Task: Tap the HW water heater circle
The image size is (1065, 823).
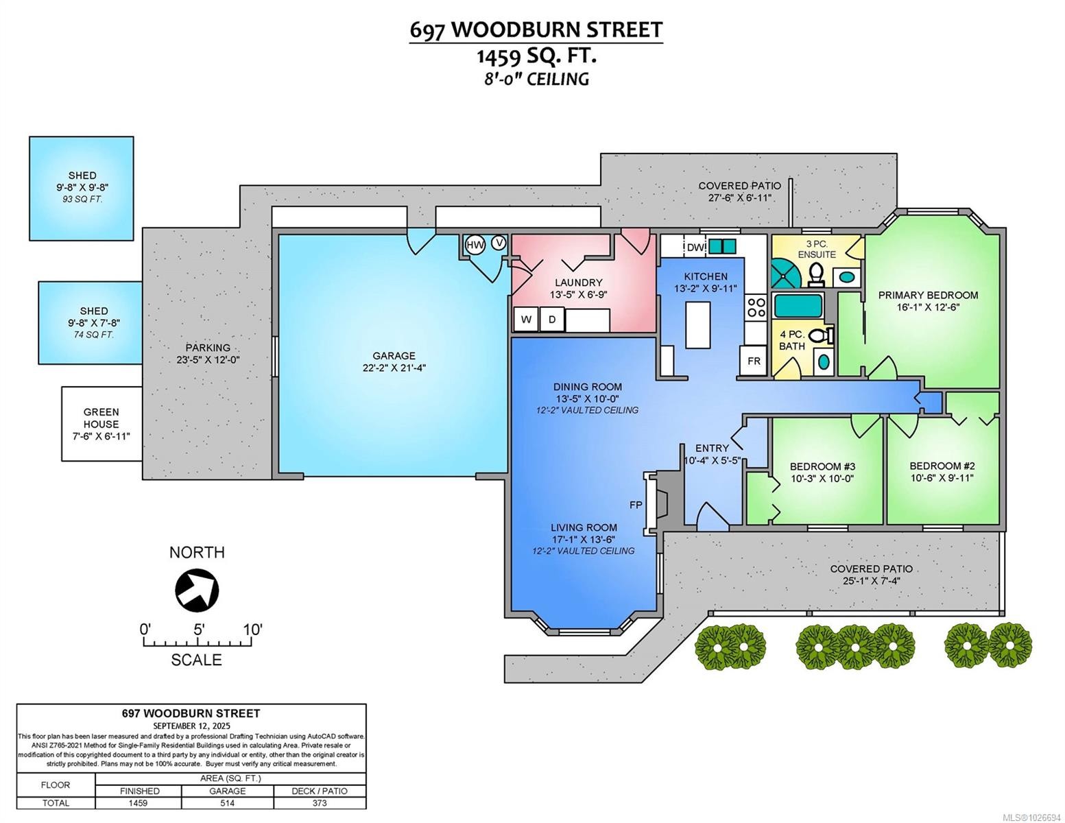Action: tap(475, 244)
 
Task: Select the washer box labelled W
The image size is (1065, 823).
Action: tap(526, 319)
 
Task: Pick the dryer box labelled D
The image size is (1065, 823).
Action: tap(551, 319)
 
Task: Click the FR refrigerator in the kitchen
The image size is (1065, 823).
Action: tap(753, 361)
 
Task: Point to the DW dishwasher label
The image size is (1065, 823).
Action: tap(695, 247)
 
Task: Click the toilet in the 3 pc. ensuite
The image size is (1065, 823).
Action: tap(815, 274)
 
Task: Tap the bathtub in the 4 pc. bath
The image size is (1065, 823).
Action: tap(798, 306)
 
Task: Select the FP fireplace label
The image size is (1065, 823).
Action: tap(636, 505)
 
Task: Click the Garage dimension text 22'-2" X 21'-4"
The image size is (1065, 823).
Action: tap(394, 368)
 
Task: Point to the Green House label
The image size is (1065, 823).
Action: tap(101, 418)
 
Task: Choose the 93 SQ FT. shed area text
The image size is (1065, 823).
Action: tap(82, 199)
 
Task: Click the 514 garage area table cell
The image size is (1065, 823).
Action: tap(227, 802)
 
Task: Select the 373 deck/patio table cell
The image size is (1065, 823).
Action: tap(320, 802)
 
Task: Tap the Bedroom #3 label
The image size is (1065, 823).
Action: tap(822, 466)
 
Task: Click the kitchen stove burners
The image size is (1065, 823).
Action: tap(756, 307)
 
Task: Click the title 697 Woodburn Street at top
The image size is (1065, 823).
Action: tap(536, 30)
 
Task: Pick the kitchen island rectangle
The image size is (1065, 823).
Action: tap(698, 325)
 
